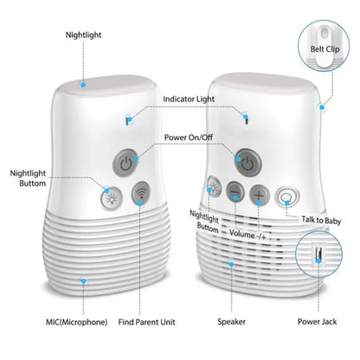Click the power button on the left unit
(126, 162)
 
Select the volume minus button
(235, 195)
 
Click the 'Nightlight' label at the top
(82, 35)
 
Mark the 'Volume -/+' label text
(247, 233)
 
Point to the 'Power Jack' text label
(319, 322)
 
